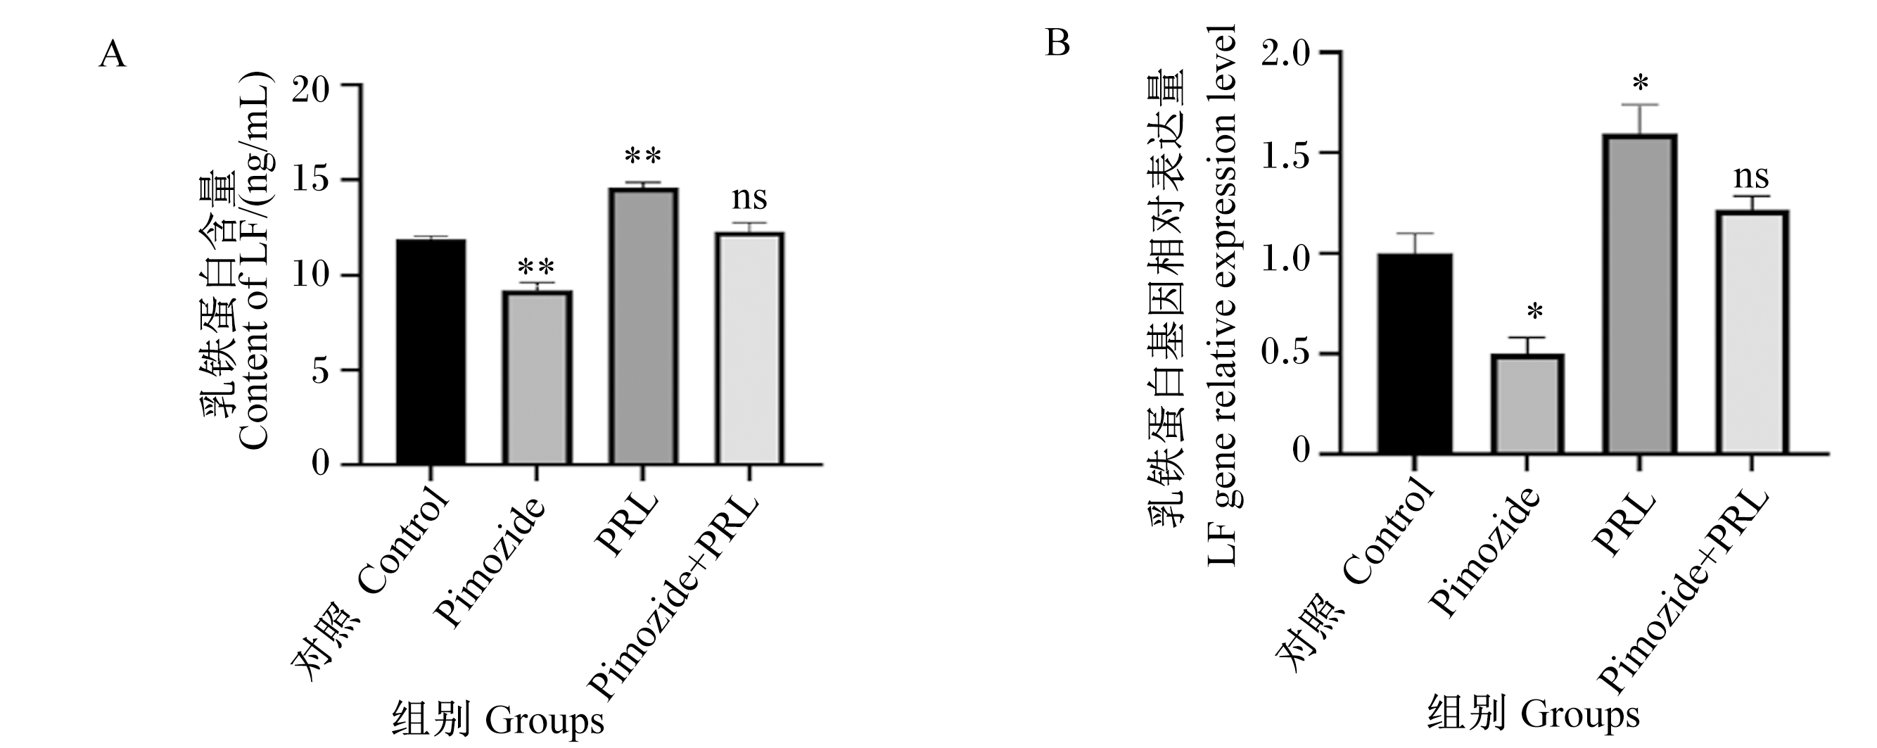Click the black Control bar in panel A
[x=431, y=352]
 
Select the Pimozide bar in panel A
[x=537, y=378]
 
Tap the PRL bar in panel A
[x=643, y=326]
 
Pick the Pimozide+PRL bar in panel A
[x=750, y=348]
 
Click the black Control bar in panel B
[x=1415, y=353]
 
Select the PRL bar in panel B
[x=1639, y=294]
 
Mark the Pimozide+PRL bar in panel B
[x=1752, y=332]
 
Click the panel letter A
[x=113, y=54]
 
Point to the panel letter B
[x=1057, y=43]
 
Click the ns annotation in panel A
[x=749, y=198]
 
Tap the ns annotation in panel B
[x=1751, y=177]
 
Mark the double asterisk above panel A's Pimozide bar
[x=536, y=265]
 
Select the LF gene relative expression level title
[x=1222, y=295]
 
